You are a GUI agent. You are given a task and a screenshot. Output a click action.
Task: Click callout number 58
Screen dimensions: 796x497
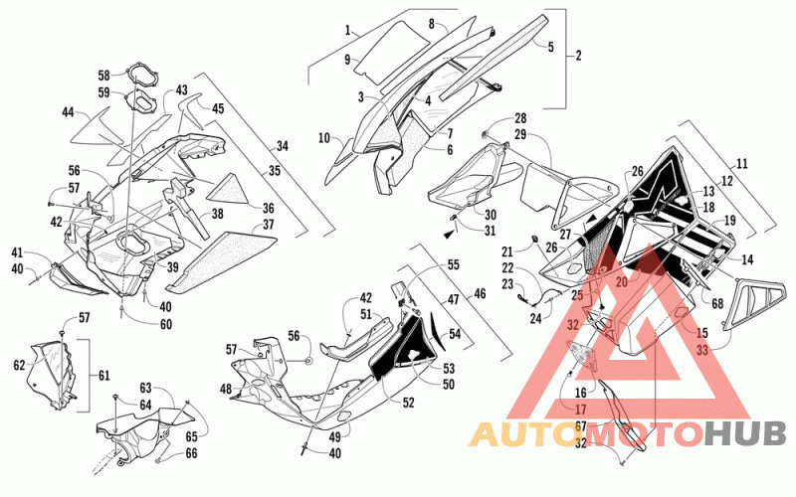103,76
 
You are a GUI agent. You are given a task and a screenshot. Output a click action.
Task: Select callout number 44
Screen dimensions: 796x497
68,112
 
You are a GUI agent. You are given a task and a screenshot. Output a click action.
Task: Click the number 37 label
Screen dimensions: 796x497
268,225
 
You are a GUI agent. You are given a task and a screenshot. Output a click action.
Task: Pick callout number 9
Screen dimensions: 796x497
347,60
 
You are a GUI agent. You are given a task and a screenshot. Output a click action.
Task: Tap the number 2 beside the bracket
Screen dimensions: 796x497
578,56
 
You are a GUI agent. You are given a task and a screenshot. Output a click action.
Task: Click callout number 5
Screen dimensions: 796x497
551,47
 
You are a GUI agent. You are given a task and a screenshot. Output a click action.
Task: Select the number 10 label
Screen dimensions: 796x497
324,137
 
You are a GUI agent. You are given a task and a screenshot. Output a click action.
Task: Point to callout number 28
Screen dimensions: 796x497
520,118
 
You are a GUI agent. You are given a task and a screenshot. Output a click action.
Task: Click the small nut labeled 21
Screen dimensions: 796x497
534,239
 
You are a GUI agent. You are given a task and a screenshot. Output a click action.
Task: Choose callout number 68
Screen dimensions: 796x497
717,303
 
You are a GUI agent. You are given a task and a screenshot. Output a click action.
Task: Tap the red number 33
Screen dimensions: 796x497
702,350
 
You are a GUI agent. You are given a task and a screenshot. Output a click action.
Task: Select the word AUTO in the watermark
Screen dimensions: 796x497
520,434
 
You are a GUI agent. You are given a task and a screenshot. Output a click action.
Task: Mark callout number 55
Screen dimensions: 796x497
453,264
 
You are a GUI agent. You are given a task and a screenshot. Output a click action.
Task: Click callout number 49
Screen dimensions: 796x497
335,435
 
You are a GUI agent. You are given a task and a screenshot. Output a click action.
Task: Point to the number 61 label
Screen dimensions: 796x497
104,376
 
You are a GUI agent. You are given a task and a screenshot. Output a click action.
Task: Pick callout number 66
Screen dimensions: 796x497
191,453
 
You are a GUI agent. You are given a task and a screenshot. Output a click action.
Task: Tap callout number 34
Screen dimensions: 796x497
283,146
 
